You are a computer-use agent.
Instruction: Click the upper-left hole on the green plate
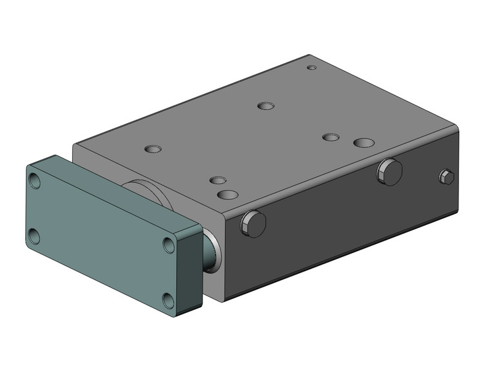pos(35,181)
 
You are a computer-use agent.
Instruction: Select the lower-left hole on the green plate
pos(34,236)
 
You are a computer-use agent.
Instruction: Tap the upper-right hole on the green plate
pos(169,245)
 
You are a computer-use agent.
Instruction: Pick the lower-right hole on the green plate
pos(168,301)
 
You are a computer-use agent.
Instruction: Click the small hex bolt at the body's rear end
pos(446,177)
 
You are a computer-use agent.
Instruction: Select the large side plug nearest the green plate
pos(253,223)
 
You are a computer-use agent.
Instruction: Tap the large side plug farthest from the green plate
pos(389,172)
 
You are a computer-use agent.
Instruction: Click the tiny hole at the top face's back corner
pos(311,68)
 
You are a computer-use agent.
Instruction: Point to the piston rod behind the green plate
pos(210,252)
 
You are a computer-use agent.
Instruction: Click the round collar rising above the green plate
pos(148,192)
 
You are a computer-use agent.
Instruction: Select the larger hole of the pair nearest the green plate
pos(228,194)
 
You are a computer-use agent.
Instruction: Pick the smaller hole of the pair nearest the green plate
pos(218,180)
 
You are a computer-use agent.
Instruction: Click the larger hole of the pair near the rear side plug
pos(364,142)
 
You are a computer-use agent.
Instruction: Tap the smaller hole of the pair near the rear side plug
pos(331,137)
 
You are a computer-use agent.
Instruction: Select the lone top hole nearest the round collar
pos(153,149)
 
